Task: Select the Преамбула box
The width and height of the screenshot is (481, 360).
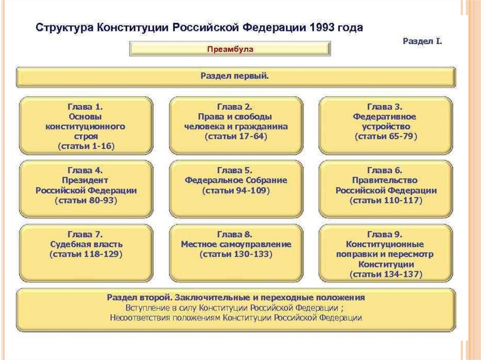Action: (x=230, y=49)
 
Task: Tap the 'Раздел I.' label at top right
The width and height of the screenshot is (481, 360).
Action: (x=422, y=41)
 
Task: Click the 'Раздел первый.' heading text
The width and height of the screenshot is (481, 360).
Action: (x=235, y=76)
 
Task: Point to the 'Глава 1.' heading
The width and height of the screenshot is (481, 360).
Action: (x=85, y=107)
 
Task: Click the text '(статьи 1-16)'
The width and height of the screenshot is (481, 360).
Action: (x=86, y=146)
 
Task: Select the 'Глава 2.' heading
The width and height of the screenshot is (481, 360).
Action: (x=235, y=107)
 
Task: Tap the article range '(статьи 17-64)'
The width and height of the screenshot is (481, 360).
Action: (x=235, y=137)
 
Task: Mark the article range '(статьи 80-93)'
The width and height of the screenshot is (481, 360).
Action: (x=86, y=200)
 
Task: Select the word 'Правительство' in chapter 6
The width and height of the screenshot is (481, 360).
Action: (x=385, y=180)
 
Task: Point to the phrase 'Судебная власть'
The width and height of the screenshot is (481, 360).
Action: (x=86, y=245)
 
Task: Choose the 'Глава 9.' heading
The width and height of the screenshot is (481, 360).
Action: (x=385, y=234)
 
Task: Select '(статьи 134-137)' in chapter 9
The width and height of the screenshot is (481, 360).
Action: (x=386, y=274)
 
